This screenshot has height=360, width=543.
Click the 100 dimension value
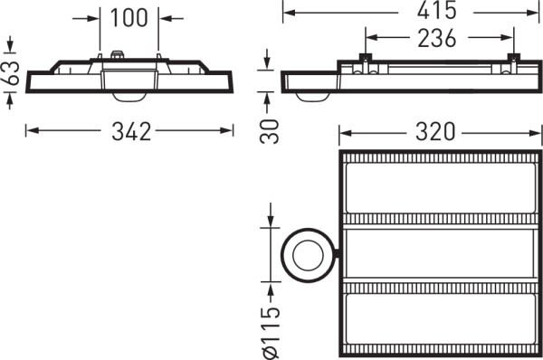pyautogui.click(x=129, y=18)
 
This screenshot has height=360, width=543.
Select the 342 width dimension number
pyautogui.click(x=131, y=131)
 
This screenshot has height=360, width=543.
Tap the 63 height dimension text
pyautogui.click(x=11, y=72)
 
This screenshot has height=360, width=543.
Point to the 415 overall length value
pyautogui.click(x=436, y=10)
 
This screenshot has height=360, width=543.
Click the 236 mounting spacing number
pyautogui.click(x=437, y=38)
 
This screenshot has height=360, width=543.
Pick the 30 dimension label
pyautogui.click(x=270, y=131)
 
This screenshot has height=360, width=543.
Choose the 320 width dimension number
pyautogui.click(x=435, y=132)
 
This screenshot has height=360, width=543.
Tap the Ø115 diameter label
pyautogui.click(x=271, y=332)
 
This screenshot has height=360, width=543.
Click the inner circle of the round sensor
pyautogui.click(x=308, y=255)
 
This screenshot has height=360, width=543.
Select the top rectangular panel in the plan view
pyautogui.click(x=441, y=188)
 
